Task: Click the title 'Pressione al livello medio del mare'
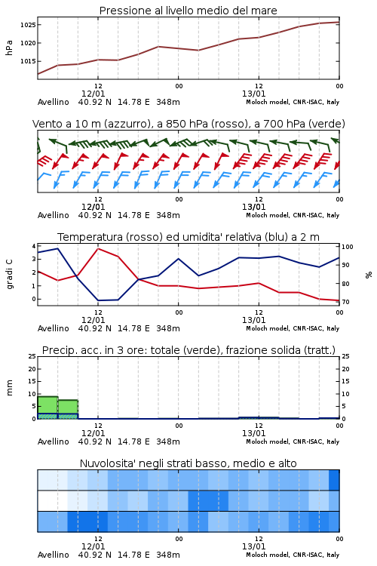[188, 11]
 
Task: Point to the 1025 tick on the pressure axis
[27, 25]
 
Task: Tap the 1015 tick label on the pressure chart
[27, 61]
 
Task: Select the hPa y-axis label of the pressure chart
[9, 48]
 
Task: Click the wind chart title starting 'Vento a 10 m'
[188, 124]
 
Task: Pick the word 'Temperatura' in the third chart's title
[90, 237]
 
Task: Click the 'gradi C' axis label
[10, 275]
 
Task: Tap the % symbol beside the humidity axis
[369, 275]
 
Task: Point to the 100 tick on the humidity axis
[348, 247]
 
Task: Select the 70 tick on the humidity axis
[345, 302]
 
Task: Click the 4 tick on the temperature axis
[34, 246]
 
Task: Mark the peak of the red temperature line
[98, 248]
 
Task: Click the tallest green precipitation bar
[48, 408]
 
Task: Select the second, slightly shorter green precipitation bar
[68, 409]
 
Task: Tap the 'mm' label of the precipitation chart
[9, 388]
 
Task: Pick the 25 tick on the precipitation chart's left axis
[32, 356]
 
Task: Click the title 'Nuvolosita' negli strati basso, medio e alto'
[188, 463]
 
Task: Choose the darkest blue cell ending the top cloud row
[334, 480]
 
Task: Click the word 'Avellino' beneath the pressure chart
[53, 102]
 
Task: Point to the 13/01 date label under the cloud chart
[253, 546]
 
